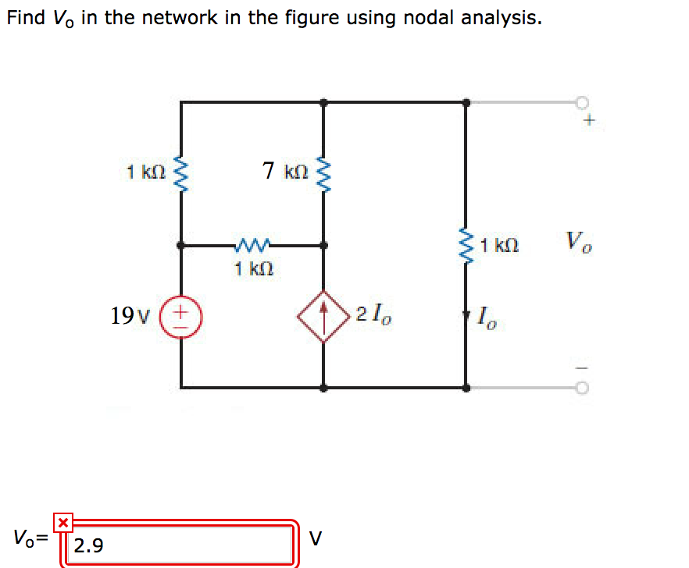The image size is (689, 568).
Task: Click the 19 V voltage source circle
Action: [181, 316]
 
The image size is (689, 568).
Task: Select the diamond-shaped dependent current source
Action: [323, 316]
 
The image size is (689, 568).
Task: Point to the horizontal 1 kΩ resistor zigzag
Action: [252, 245]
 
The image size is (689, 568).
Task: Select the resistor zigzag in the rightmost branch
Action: [466, 247]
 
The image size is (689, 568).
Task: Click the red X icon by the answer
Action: [63, 521]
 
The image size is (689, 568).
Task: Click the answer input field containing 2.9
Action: [180, 545]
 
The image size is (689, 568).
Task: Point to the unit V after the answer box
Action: [315, 538]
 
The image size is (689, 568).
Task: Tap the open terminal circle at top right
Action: [581, 102]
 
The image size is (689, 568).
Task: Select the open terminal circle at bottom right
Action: [581, 387]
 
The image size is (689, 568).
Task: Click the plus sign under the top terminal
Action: [590, 121]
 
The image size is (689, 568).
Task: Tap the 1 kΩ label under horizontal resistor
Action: [253, 269]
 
